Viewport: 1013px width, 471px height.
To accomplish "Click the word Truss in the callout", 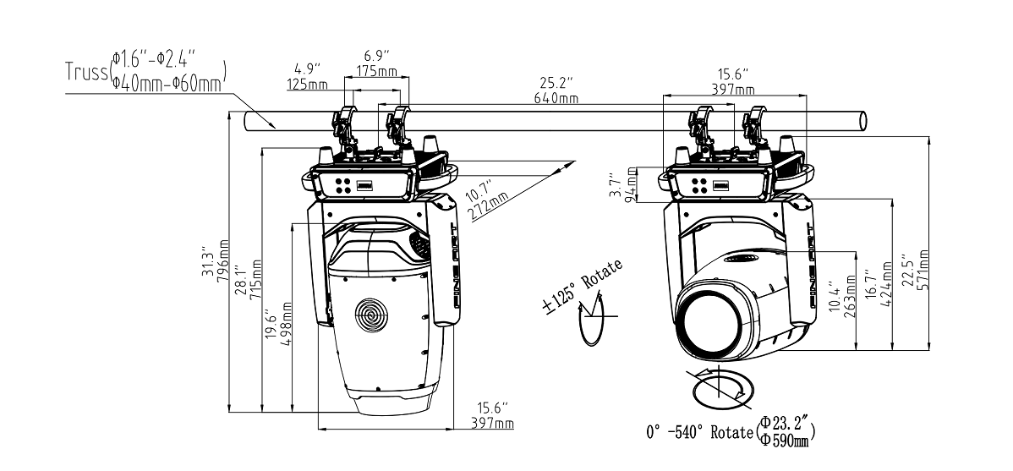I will tap(85, 73).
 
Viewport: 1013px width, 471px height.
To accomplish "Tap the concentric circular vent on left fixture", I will tap(372, 315).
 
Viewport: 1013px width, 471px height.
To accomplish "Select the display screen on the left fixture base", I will tap(364, 185).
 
